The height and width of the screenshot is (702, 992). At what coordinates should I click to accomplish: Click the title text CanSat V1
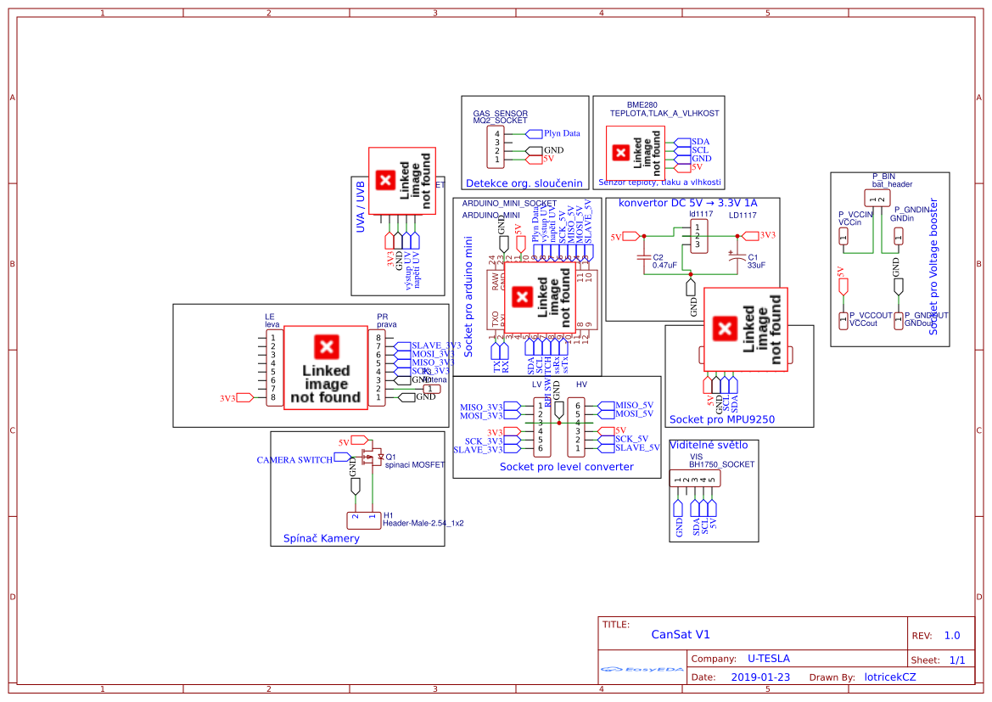(x=681, y=635)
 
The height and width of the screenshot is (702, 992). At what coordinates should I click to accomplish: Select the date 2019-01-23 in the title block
(x=759, y=677)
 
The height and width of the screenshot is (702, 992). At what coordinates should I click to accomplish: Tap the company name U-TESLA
(x=768, y=659)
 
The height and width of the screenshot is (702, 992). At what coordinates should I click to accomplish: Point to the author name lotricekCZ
(x=889, y=677)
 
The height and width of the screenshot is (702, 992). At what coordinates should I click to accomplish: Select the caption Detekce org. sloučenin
(x=524, y=183)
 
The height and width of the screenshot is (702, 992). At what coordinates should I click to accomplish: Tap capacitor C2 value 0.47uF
(x=664, y=266)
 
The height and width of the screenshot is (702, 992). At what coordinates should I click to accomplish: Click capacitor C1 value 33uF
(x=756, y=266)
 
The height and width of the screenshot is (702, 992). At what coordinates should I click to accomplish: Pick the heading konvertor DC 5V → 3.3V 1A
(x=687, y=204)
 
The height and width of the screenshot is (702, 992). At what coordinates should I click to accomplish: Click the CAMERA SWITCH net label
(x=294, y=460)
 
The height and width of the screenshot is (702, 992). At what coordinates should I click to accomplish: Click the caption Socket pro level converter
(x=566, y=467)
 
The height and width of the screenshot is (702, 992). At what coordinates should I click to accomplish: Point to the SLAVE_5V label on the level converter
(x=636, y=448)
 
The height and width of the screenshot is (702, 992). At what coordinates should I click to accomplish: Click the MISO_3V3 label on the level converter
(x=481, y=407)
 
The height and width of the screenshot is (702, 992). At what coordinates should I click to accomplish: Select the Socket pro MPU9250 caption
(x=721, y=419)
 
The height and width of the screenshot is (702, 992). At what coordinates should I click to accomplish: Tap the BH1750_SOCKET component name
(x=721, y=465)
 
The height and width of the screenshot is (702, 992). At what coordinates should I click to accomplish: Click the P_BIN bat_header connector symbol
(x=877, y=198)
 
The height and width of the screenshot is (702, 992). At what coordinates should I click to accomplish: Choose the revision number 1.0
(x=952, y=636)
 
